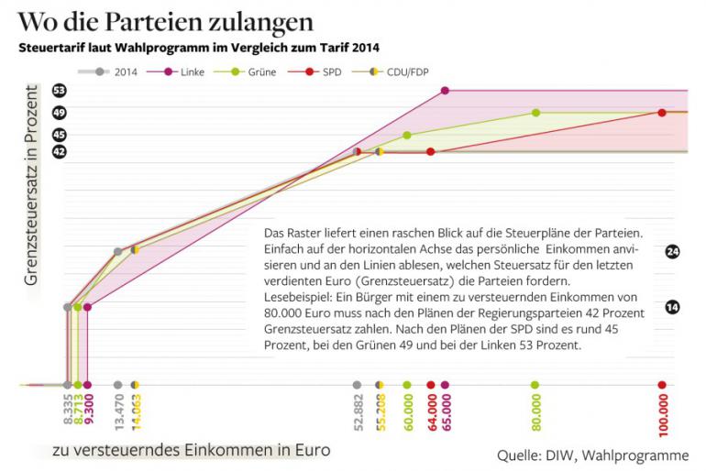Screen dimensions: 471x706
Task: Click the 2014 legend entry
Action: pyautogui.click(x=116, y=71)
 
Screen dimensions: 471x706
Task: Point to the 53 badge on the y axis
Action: pyautogui.click(x=60, y=91)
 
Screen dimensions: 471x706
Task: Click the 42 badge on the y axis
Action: pyautogui.click(x=60, y=152)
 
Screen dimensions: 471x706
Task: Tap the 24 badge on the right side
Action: pyautogui.click(x=672, y=250)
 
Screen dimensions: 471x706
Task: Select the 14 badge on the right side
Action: pyautogui.click(x=672, y=307)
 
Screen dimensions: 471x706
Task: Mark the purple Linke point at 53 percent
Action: pyautogui.click(x=445, y=91)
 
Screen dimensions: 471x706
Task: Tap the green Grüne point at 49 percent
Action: pyautogui.click(x=535, y=113)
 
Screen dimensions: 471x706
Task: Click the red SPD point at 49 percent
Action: pyautogui.click(x=662, y=113)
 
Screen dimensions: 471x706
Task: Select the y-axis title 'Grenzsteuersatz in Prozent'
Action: pyautogui.click(x=31, y=183)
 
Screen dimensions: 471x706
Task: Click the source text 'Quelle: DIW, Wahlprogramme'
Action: pyautogui.click(x=592, y=455)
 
